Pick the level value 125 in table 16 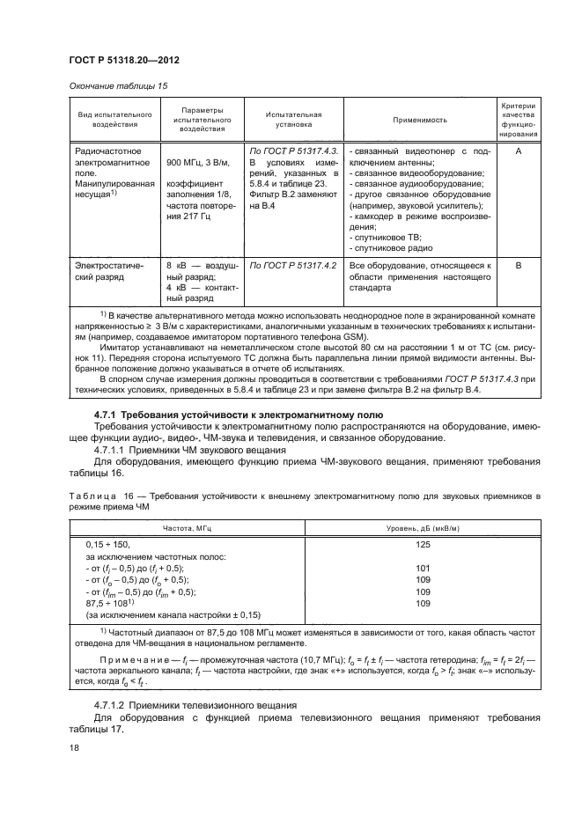(422, 546)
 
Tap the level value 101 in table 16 (422, 569)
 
